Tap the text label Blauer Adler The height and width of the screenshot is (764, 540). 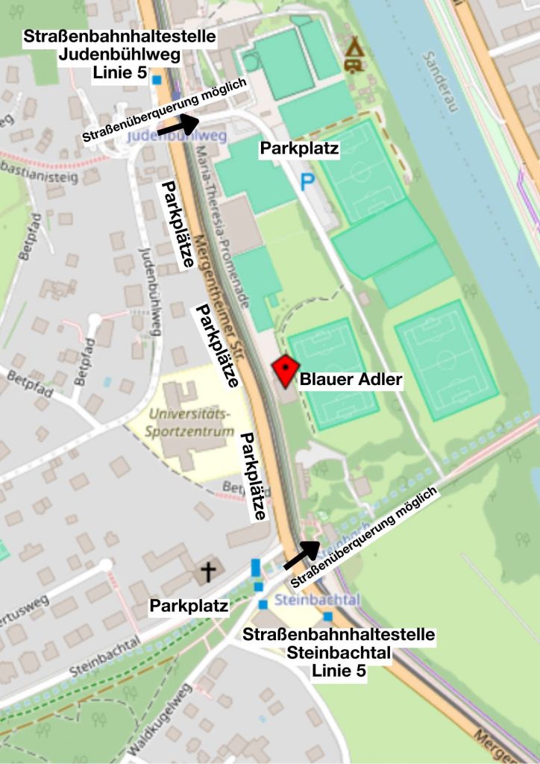pyautogui.click(x=351, y=381)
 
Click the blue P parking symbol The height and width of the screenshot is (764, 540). pyautogui.click(x=307, y=181)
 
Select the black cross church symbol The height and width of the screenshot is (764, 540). pyautogui.click(x=208, y=572)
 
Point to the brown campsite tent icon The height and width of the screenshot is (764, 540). pyautogui.click(x=355, y=56)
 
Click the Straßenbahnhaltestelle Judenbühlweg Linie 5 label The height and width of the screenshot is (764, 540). pyautogui.click(x=120, y=53)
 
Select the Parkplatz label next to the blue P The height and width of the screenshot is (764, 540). pyautogui.click(x=299, y=148)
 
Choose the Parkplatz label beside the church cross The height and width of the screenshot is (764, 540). pyautogui.click(x=189, y=606)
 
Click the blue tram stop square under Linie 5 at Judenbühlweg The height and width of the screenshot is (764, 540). pyautogui.click(x=157, y=79)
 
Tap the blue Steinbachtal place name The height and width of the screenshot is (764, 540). pyautogui.click(x=307, y=600)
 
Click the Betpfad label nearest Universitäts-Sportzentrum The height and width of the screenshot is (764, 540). pyautogui.click(x=237, y=486)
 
